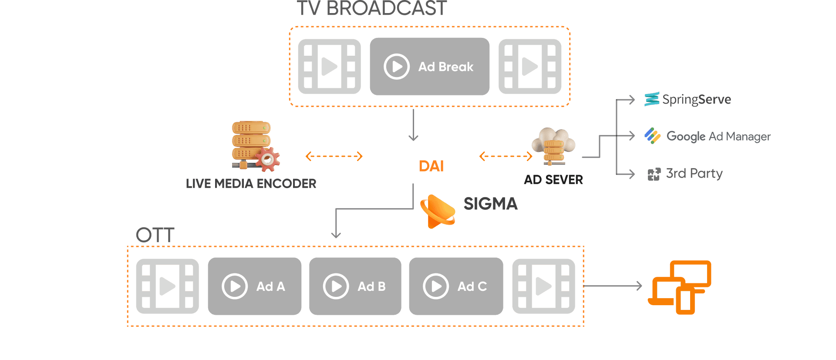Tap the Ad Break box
click(x=429, y=67)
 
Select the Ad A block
click(x=255, y=286)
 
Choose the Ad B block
click(x=355, y=286)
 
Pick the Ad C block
click(x=456, y=286)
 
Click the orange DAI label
click(x=431, y=166)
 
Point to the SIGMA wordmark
click(x=491, y=204)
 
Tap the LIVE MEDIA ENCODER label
click(x=251, y=183)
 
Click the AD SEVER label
click(x=553, y=180)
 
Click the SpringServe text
click(x=696, y=100)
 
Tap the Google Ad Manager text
click(x=718, y=137)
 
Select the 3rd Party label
click(x=694, y=174)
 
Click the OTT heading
click(x=155, y=236)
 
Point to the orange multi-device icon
click(x=680, y=287)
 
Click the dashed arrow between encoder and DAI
click(x=334, y=156)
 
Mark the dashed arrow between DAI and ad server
click(x=506, y=156)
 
